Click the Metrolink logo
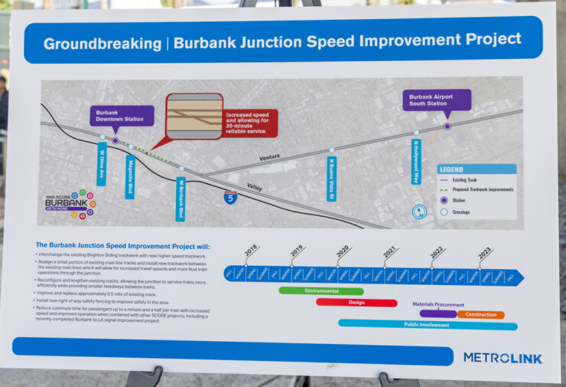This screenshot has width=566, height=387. coord(502,357)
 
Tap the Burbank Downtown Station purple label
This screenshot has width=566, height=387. coord(122,116)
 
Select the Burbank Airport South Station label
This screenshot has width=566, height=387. coord(436,100)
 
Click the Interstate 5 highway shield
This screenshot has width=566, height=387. coord(230,197)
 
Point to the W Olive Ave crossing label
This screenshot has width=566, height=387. coord(101,163)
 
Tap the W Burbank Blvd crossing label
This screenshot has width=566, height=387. coord(181,198)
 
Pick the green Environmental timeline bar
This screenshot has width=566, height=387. coord(320,291)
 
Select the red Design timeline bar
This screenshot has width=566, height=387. coord(356,303)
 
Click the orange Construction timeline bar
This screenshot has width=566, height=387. coord(481,314)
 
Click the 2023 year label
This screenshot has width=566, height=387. coord(484,251)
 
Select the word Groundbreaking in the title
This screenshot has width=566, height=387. coord(101,44)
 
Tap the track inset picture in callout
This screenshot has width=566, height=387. coord(194,116)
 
